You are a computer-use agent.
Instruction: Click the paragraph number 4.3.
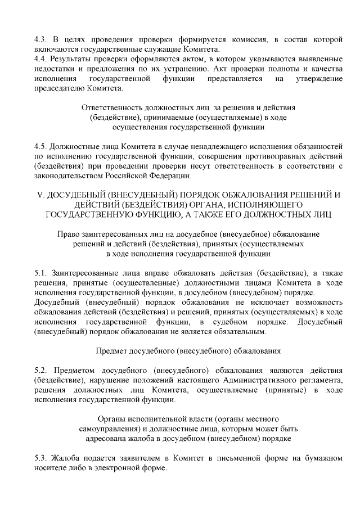coord(40,40)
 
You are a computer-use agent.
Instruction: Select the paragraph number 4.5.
coord(40,147)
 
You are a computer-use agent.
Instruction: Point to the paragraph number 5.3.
coord(40,458)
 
